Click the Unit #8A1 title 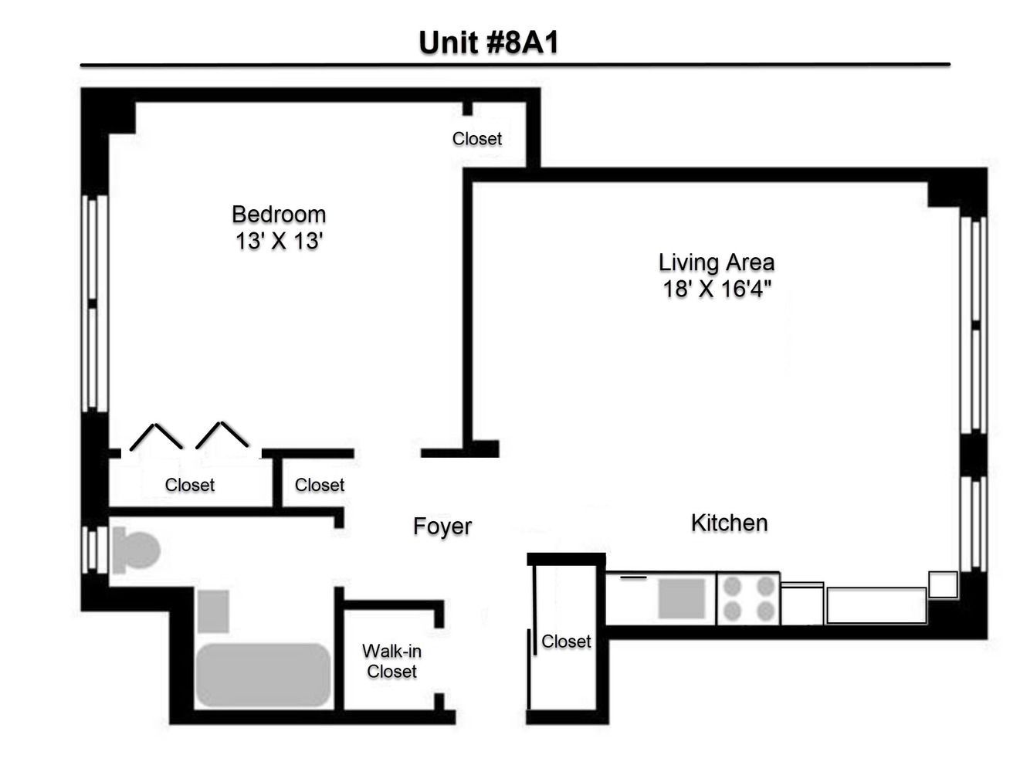[x=488, y=42]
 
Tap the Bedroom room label [x=279, y=214]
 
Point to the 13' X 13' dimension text [x=279, y=241]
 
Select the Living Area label [x=716, y=262]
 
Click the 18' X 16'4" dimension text [x=716, y=289]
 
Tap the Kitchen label [x=729, y=523]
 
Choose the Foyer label [x=442, y=526]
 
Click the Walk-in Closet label [x=391, y=662]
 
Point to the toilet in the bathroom [x=135, y=550]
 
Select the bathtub [x=263, y=675]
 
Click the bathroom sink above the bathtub [x=213, y=611]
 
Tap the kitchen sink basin [x=681, y=599]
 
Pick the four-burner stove [x=748, y=598]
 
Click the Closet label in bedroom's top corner [x=476, y=139]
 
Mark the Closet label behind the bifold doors [x=189, y=485]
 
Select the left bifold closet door [x=156, y=436]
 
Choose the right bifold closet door [x=222, y=435]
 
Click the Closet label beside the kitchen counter [x=566, y=642]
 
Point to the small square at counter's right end [x=943, y=584]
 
